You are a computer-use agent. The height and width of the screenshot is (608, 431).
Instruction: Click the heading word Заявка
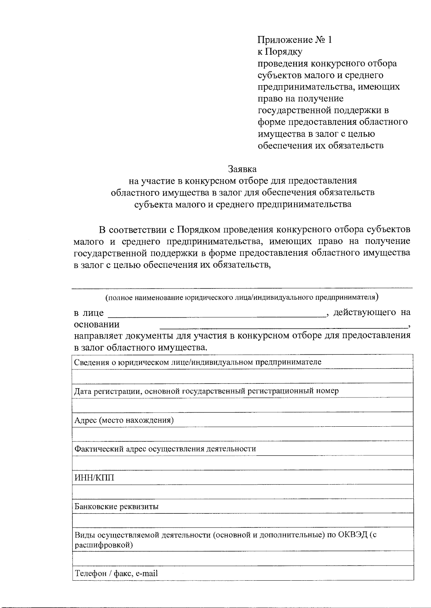tap(242, 168)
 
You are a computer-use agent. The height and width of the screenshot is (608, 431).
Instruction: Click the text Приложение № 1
tap(295, 40)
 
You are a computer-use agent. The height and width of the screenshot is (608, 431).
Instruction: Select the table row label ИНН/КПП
tap(94, 478)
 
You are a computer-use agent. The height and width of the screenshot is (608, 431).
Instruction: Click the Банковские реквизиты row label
tap(116, 507)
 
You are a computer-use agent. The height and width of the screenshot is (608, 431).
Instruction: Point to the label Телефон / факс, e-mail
tap(116, 573)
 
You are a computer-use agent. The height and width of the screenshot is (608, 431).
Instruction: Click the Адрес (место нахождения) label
tap(124, 420)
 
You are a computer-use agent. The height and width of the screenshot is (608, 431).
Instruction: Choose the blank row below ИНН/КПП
tap(242, 491)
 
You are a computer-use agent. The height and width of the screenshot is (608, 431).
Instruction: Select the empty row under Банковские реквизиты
tap(242, 520)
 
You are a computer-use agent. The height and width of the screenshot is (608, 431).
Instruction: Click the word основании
tap(97, 325)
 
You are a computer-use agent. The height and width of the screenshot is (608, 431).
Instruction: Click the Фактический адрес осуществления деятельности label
tap(165, 449)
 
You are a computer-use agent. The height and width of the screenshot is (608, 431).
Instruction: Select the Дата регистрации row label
tap(206, 391)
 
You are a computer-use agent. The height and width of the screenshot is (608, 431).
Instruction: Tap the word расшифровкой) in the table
tap(103, 545)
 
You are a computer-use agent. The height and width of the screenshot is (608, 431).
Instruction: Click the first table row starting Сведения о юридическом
tap(198, 362)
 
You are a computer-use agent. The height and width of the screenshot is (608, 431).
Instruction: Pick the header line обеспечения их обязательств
tap(321, 146)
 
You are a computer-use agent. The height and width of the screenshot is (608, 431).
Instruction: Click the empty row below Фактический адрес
tap(242, 463)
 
